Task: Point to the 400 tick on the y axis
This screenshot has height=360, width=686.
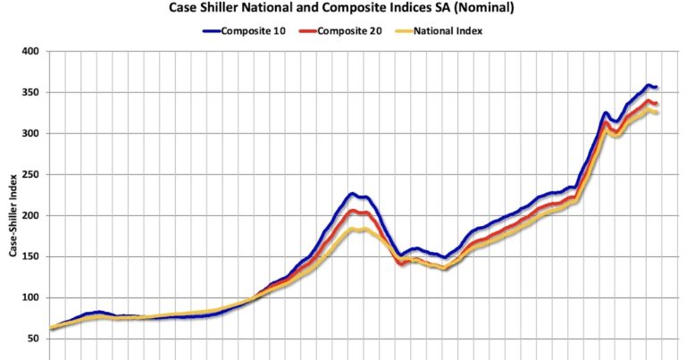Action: [30, 52]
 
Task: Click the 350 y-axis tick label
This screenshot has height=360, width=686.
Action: [30, 93]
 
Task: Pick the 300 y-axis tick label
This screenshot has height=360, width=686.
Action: [30, 134]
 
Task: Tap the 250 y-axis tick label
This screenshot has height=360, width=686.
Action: [30, 175]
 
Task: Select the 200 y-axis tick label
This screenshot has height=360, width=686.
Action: [30, 216]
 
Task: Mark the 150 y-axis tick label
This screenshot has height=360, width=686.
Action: [30, 257]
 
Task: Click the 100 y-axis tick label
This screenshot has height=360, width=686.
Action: [30, 298]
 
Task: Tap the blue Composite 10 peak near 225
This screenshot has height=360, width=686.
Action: [353, 194]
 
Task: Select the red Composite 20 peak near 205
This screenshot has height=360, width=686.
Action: [354, 211]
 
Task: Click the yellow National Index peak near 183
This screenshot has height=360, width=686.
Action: [356, 230]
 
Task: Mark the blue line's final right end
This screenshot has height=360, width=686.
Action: [657, 87]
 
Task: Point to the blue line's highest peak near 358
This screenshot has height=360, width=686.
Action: [649, 85]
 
